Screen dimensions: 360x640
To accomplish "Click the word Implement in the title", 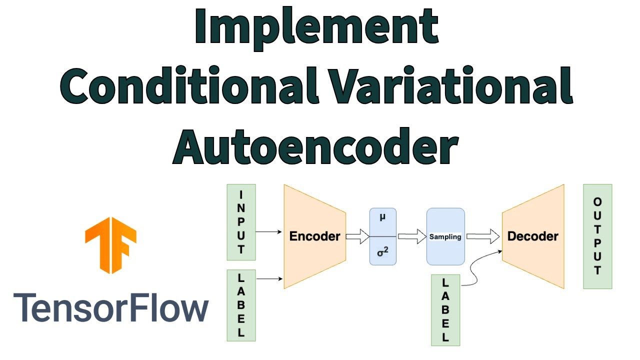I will (x=316, y=27).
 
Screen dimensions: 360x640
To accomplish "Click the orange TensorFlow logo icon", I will (x=110, y=245).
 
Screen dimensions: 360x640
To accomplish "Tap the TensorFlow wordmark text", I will (x=110, y=308).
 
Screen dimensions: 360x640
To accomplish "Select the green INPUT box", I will (x=241, y=222).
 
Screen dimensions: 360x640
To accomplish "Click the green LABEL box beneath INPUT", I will (x=241, y=305).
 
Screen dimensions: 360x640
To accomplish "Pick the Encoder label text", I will (x=315, y=236).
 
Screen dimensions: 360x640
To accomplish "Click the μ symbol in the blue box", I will (x=382, y=218).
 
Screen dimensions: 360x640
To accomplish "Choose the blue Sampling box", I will (x=445, y=236).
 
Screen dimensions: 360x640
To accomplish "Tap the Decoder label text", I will (x=533, y=236).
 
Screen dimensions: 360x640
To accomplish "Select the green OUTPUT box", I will (x=597, y=236).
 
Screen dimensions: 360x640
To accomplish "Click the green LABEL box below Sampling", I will (x=445, y=310).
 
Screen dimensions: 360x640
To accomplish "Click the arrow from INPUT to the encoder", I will (x=269, y=231).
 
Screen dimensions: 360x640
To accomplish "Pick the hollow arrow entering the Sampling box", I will (x=411, y=236).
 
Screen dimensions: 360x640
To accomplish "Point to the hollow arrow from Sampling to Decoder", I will (x=483, y=236).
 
